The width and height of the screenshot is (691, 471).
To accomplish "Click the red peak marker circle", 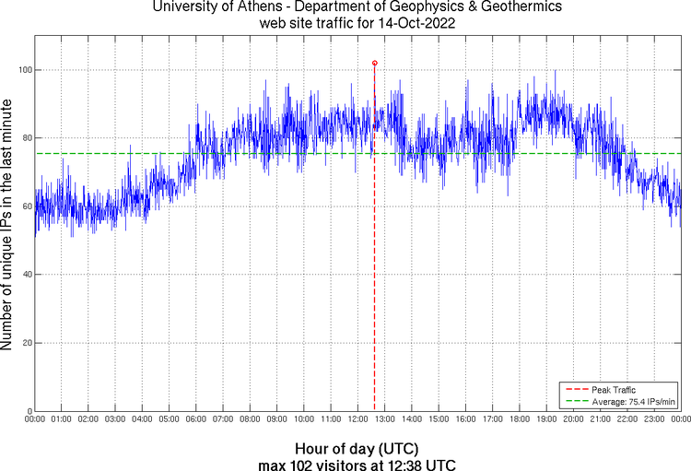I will [x=374, y=63].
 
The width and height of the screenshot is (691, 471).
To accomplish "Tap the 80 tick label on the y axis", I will [x=26, y=138].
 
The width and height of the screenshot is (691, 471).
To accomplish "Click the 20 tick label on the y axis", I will [x=26, y=343].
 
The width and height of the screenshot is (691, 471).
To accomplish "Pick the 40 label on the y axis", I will [x=26, y=275].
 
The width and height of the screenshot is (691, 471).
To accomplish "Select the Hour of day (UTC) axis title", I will [x=357, y=447].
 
